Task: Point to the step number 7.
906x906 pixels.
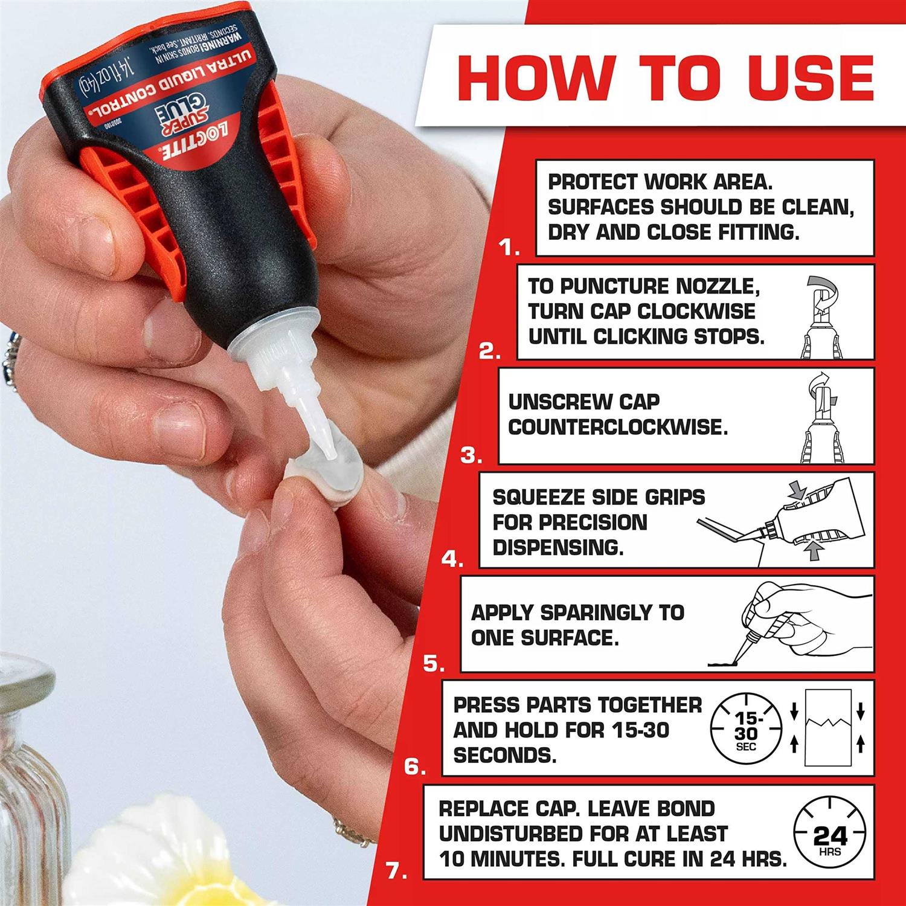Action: click(396, 872)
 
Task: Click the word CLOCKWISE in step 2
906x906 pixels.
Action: click(696, 312)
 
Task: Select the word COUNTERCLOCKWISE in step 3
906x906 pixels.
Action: click(618, 427)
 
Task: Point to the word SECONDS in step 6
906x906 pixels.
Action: click(505, 755)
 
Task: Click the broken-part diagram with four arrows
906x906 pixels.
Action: click(827, 728)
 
